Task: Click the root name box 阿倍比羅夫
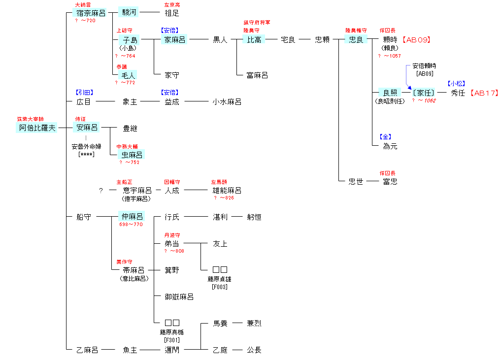click(x=37, y=128)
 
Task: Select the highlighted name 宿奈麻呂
click(x=91, y=13)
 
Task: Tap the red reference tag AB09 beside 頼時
click(x=416, y=40)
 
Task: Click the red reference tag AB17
click(x=484, y=93)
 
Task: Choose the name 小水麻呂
click(x=227, y=102)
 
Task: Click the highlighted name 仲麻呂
click(x=131, y=217)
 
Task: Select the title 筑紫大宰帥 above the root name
click(x=30, y=119)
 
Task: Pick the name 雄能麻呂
click(x=227, y=191)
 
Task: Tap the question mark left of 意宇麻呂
click(x=101, y=191)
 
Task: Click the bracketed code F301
click(x=172, y=340)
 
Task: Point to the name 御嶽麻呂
click(x=179, y=297)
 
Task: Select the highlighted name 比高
click(x=255, y=40)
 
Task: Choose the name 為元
click(x=390, y=146)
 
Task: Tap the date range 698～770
click(x=131, y=225)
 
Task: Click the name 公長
click(x=254, y=350)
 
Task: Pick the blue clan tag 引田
click(x=84, y=92)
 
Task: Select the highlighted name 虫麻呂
click(x=131, y=155)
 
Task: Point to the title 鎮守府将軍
click(x=257, y=22)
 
